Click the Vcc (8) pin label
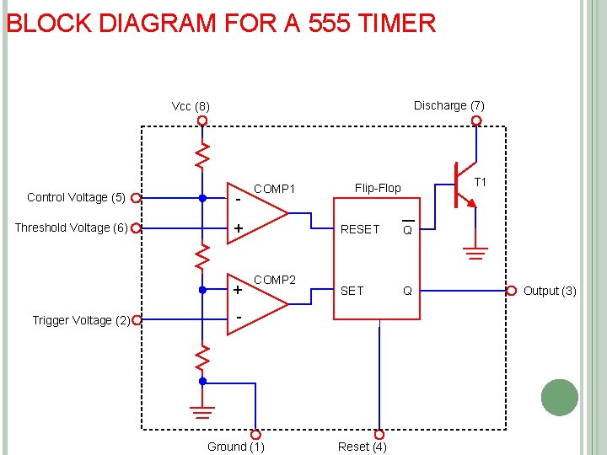[191, 107]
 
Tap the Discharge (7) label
[449, 105]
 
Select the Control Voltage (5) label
[76, 197]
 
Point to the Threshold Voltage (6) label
[71, 227]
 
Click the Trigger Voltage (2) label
[81, 320]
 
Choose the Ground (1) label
[235, 447]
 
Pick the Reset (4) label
[363, 447]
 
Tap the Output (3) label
[550, 291]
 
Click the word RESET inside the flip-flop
[359, 229]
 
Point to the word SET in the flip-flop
[352, 291]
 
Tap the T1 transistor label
[481, 183]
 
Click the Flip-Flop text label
[378, 188]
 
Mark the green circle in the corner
[559, 398]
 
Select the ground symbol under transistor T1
[475, 252]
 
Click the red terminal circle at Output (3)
[512, 291]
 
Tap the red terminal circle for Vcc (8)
[202, 120]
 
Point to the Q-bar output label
[407, 229]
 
